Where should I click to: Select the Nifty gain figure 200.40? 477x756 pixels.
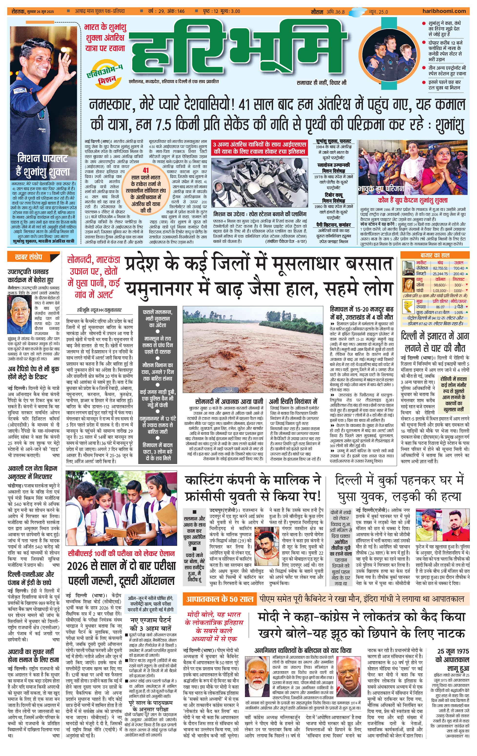(x=458, y=274)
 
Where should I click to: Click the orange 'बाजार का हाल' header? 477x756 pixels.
(x=435, y=255)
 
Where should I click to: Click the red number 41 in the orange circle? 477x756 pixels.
(x=145, y=170)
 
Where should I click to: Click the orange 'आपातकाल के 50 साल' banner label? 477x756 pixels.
(x=219, y=599)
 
